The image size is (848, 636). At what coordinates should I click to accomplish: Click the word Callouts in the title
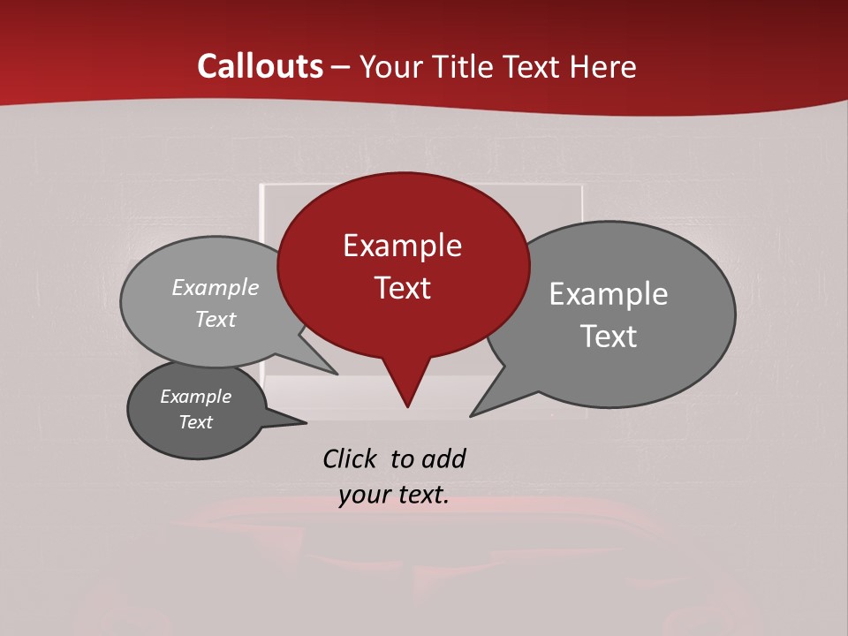click(x=261, y=66)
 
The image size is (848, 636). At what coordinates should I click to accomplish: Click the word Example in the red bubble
click(x=402, y=246)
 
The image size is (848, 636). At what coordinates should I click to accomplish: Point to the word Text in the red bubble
click(x=403, y=288)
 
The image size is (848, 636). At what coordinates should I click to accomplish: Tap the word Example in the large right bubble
click(x=609, y=294)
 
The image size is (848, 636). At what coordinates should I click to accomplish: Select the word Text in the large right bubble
click(x=609, y=337)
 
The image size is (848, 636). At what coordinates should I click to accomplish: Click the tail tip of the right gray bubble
click(x=474, y=413)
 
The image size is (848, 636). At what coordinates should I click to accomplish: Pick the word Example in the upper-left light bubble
click(x=216, y=288)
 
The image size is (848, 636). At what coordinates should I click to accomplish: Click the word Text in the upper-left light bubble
click(x=216, y=320)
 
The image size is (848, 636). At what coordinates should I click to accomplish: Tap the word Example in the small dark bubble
click(x=196, y=397)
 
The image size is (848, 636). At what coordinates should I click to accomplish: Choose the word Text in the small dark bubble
click(x=196, y=422)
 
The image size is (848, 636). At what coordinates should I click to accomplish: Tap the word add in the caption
click(x=443, y=458)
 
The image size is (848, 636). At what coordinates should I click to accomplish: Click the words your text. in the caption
click(x=394, y=496)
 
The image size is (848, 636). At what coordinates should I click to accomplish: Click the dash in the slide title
click(x=342, y=67)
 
